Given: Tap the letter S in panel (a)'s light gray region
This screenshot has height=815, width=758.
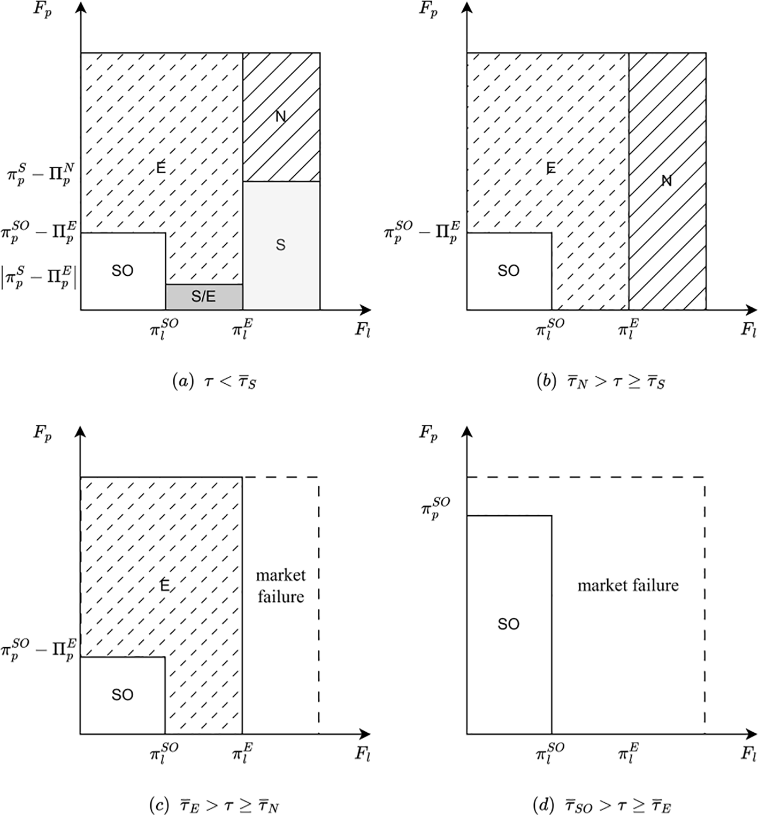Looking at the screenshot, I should pyautogui.click(x=280, y=245).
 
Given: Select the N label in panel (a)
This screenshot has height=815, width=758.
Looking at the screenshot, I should pyautogui.click(x=280, y=117).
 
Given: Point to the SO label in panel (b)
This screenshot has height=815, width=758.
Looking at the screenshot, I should pyautogui.click(x=508, y=271).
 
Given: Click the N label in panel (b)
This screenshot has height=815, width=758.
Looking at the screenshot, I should pyautogui.click(x=667, y=181).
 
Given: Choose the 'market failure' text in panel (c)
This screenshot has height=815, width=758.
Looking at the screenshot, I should pyautogui.click(x=280, y=586).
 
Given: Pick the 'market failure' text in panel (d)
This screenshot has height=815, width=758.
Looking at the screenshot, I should pyautogui.click(x=628, y=585).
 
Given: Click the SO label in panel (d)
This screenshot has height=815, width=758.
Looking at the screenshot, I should pyautogui.click(x=508, y=624).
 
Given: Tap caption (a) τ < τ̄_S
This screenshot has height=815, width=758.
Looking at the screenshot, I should pyautogui.click(x=215, y=382).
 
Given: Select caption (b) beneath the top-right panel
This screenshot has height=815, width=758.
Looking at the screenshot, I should pyautogui.click(x=601, y=382).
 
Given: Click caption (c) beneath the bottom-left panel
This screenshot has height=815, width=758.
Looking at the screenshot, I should pyautogui.click(x=215, y=805).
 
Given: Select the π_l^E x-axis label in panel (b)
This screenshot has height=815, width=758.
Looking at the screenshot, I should pyautogui.click(x=629, y=327).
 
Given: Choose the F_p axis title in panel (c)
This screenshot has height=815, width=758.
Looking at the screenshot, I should pyautogui.click(x=43, y=433).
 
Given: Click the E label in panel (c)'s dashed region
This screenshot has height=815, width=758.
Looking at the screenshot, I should pyautogui.click(x=164, y=586).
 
